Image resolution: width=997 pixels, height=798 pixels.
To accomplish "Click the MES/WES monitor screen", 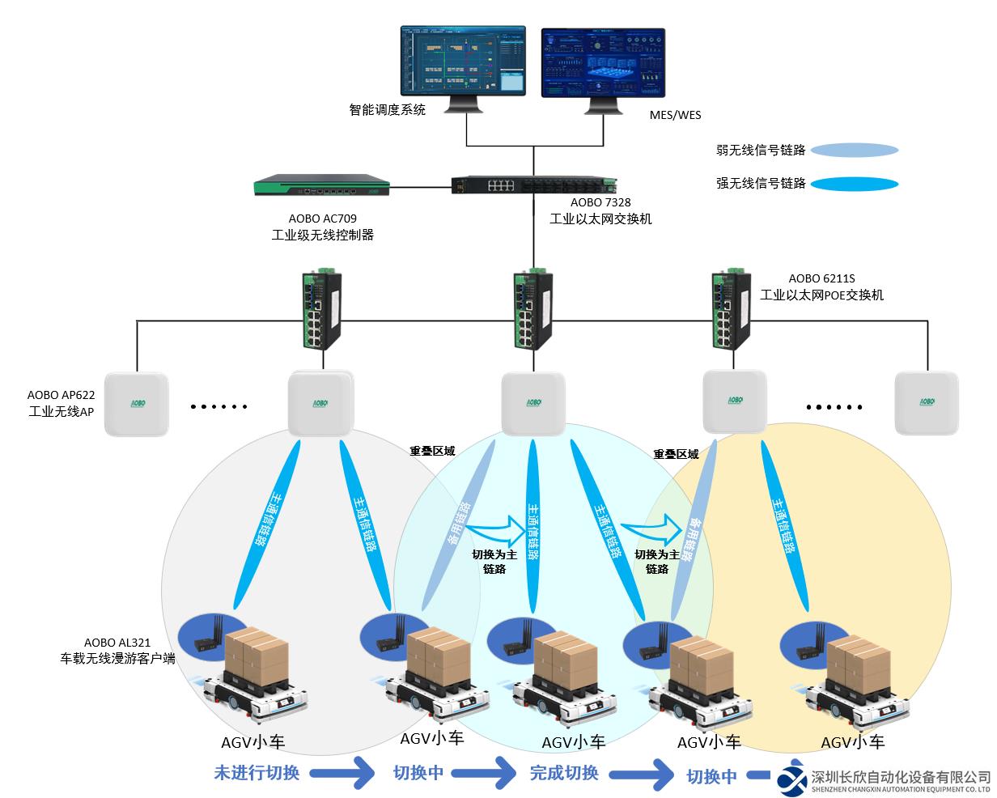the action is (x=602, y=62).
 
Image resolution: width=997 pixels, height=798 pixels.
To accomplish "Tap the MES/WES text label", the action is (x=675, y=115).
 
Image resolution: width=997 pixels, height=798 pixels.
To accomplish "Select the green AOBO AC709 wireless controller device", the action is (x=320, y=187).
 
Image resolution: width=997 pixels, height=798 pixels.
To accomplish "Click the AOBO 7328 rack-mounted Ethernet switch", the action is (x=533, y=185).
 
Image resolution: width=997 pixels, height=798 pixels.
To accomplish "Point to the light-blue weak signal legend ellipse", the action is (x=854, y=150).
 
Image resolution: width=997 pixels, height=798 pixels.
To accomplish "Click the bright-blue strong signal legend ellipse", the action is (x=854, y=184).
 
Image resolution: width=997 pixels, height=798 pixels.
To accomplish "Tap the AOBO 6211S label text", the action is (x=821, y=279).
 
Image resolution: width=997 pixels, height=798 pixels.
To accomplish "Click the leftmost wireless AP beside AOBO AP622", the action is (x=137, y=403).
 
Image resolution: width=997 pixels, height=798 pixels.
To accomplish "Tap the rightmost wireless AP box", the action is (x=926, y=403).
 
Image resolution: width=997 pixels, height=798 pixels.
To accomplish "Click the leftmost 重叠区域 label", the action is (x=432, y=451).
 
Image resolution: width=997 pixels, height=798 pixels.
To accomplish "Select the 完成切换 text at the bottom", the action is (x=564, y=772).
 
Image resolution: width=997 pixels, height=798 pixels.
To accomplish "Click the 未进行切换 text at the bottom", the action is (x=257, y=772).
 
